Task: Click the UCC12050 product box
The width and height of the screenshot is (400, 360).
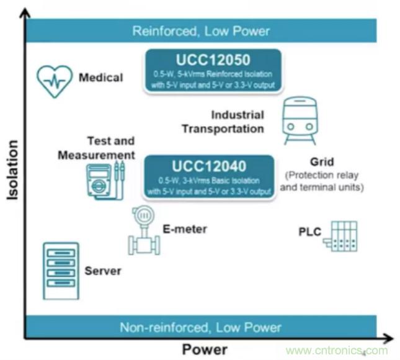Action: pyautogui.click(x=212, y=71)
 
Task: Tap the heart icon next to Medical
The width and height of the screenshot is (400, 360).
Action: pyautogui.click(x=55, y=80)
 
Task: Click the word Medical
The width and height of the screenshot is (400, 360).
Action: pyautogui.click(x=100, y=78)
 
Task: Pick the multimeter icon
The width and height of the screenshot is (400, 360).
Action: pyautogui.click(x=104, y=181)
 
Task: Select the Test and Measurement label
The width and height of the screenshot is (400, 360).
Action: pyautogui.click(x=97, y=148)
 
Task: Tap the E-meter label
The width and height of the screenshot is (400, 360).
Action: pyautogui.click(x=185, y=229)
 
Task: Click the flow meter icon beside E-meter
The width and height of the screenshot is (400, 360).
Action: pyautogui.click(x=143, y=230)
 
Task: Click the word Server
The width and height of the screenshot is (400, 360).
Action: pyautogui.click(x=103, y=271)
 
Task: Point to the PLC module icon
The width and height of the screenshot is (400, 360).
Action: pyautogui.click(x=341, y=236)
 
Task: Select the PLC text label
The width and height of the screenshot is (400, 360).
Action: pyautogui.click(x=309, y=232)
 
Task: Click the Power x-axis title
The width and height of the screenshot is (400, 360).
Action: pyautogui.click(x=205, y=348)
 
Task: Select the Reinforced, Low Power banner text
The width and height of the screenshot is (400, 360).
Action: pyautogui.click(x=201, y=31)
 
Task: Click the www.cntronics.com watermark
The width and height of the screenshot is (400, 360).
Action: pyautogui.click(x=337, y=350)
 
